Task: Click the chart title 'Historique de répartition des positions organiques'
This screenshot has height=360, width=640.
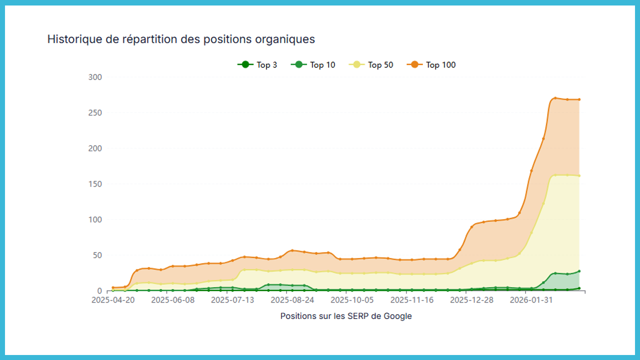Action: (181, 39)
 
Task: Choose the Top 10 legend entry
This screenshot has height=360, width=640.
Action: (313, 65)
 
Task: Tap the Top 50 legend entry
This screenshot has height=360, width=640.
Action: (371, 65)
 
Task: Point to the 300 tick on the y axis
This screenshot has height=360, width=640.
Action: (94, 77)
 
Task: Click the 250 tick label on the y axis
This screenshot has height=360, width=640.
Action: (94, 112)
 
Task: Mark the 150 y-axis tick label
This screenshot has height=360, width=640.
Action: (94, 184)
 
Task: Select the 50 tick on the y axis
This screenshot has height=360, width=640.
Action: (96, 255)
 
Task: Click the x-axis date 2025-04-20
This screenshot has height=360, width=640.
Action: (113, 300)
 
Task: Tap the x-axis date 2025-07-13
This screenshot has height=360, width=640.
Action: (232, 300)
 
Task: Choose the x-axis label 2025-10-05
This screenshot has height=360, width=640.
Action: (352, 300)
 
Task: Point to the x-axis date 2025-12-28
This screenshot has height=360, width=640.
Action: (471, 300)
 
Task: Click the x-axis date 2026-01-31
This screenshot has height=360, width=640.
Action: (531, 300)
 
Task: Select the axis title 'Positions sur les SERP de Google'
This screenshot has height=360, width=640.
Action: (346, 316)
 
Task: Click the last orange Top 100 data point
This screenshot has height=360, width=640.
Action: (579, 99)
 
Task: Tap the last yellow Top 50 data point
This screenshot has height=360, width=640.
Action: (579, 175)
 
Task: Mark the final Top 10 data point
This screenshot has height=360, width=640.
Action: (579, 271)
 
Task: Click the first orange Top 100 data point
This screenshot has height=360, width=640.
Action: (113, 287)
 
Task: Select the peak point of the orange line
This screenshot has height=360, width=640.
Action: (555, 98)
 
